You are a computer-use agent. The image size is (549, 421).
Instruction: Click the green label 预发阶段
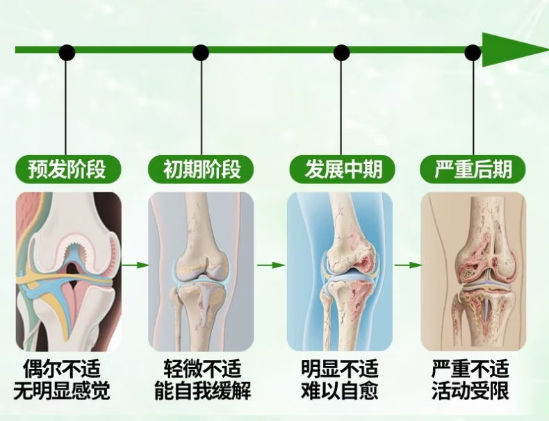point(66,169)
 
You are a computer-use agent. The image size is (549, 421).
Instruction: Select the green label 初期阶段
point(202,169)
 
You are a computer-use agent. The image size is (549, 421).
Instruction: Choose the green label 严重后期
point(472,169)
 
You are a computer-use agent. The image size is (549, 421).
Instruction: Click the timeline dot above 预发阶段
point(67,53)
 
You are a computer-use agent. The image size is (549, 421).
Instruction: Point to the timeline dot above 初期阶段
point(201,53)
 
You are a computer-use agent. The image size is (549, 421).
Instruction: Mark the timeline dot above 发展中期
point(341,53)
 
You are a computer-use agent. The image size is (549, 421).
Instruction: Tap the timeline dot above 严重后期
point(473,53)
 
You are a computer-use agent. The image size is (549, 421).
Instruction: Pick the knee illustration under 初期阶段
point(201,271)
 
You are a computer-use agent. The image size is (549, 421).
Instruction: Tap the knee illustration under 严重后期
point(473,271)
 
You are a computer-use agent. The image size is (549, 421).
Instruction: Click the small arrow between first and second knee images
point(136,265)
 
